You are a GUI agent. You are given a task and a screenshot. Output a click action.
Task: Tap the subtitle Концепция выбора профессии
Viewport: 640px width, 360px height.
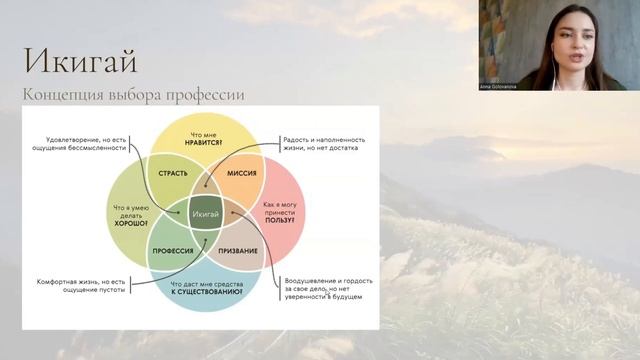(x=133, y=95)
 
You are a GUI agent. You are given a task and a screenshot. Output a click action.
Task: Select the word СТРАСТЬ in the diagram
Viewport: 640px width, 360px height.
(x=174, y=173)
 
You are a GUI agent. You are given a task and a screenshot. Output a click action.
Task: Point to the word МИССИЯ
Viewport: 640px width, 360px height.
(x=239, y=173)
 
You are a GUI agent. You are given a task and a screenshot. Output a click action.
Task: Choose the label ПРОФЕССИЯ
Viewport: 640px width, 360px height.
(x=171, y=250)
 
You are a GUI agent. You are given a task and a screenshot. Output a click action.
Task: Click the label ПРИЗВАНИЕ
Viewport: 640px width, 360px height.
(x=237, y=250)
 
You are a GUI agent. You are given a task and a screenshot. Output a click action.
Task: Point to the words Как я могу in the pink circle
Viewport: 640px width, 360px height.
(x=281, y=203)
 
